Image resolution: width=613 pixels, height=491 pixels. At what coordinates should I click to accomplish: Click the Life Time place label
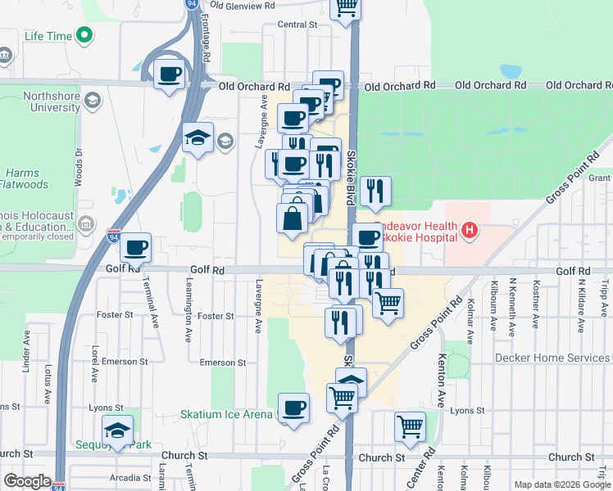(48, 36)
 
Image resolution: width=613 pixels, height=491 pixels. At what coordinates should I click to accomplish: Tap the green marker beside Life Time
(84, 35)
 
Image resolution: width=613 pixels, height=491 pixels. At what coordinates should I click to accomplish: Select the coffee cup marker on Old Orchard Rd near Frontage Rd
(170, 74)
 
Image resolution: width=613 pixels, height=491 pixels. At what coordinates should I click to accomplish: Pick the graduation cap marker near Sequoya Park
(117, 431)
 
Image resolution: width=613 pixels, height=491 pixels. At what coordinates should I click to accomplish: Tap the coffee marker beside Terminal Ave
(136, 247)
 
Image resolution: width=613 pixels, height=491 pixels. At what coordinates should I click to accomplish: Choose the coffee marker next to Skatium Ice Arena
(293, 408)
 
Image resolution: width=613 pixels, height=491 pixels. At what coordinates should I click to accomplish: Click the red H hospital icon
(469, 231)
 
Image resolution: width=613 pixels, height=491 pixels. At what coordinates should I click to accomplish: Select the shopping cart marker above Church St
(410, 426)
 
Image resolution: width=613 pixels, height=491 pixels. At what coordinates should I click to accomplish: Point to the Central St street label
(297, 25)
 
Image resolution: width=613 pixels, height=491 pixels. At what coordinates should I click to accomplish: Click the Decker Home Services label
(552, 358)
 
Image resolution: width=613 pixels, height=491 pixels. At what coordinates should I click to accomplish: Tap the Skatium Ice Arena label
(226, 414)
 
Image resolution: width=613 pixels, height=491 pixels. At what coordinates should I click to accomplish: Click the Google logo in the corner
(27, 480)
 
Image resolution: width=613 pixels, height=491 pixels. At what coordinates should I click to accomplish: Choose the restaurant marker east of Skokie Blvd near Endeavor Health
(375, 191)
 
